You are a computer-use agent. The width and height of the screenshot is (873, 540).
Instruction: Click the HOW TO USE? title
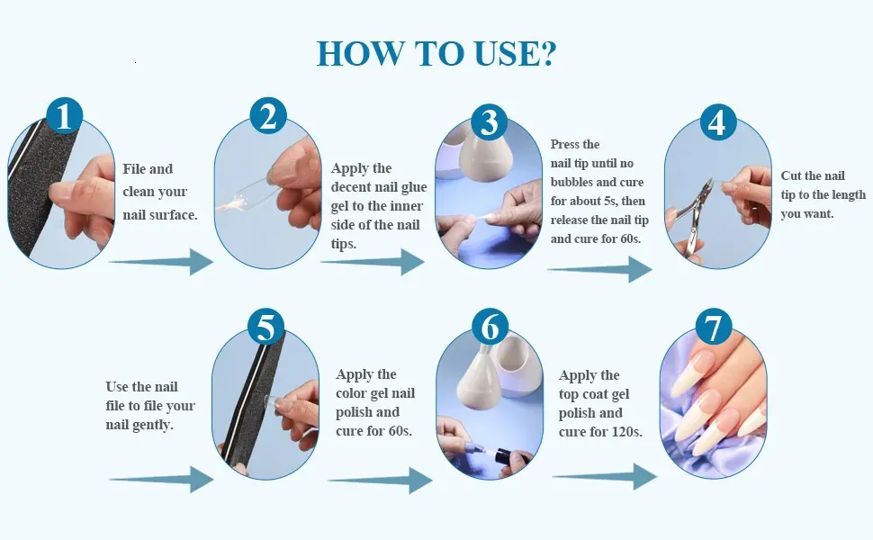click(x=436, y=54)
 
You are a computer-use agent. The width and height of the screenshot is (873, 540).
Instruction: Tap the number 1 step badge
click(x=65, y=116)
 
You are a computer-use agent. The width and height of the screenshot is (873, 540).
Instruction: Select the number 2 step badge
click(x=268, y=116)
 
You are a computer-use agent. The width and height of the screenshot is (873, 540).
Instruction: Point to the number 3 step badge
click(x=490, y=121)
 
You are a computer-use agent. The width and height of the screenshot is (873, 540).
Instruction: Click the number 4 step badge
click(x=718, y=121)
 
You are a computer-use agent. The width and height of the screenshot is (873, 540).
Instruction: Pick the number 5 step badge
click(x=265, y=326)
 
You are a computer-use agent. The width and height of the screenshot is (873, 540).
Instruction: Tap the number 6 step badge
click(x=490, y=326)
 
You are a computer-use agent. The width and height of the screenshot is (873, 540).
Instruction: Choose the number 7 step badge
click(x=713, y=326)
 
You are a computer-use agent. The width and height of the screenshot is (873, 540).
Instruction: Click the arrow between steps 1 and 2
click(x=161, y=262)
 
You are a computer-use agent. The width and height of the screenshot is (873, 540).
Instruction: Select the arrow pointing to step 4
click(x=599, y=269)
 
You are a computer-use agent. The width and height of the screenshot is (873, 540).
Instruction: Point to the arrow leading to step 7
click(x=605, y=477)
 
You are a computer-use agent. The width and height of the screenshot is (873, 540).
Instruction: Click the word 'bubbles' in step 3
click(x=570, y=182)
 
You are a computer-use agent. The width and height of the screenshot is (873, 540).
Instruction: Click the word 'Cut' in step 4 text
click(x=790, y=175)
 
